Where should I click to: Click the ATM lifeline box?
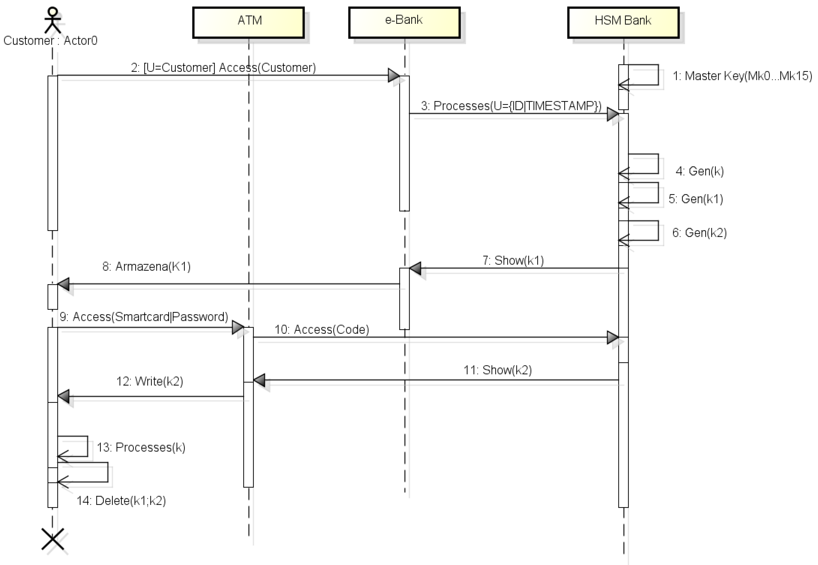[x=248, y=22]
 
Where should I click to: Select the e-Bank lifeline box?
[x=404, y=22]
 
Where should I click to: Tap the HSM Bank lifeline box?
[x=623, y=22]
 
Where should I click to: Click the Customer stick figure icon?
[x=53, y=20]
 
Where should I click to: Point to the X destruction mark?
[x=53, y=539]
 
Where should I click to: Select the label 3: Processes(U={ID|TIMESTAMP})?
[x=511, y=106]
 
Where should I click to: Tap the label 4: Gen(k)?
[x=699, y=171]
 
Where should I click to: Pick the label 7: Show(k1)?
[x=513, y=261]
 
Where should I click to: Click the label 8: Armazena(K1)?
[x=146, y=267]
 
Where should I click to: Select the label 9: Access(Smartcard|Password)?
[x=144, y=317]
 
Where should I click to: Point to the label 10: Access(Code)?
[x=321, y=330]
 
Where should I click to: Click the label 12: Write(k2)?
[x=150, y=382]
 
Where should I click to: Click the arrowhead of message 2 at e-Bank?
[x=393, y=75]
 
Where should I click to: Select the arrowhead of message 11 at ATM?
[x=259, y=380]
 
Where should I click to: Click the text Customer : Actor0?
[x=50, y=41]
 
